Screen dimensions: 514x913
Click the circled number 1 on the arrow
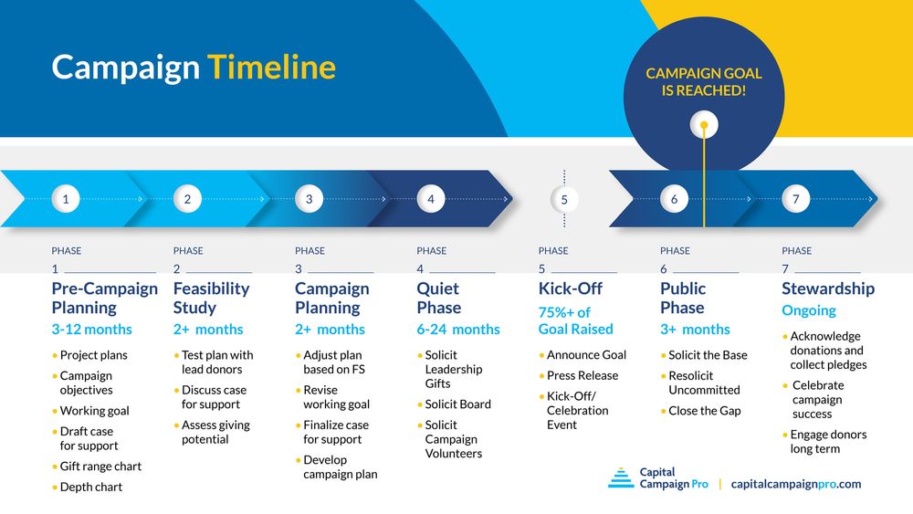(66, 198)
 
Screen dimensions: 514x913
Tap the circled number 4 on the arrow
(431, 198)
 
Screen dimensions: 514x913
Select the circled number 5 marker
(564, 199)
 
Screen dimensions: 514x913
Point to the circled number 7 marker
(796, 198)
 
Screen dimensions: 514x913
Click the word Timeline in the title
(271, 68)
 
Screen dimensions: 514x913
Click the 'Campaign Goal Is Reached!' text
(703, 82)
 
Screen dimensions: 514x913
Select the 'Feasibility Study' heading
(211, 298)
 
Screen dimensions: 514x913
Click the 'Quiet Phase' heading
(438, 298)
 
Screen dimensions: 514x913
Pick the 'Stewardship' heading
(827, 288)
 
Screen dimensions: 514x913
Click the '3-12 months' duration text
(91, 330)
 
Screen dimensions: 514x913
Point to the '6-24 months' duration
(458, 330)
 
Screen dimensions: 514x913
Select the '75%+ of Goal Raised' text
(576, 320)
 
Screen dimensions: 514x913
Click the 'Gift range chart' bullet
(100, 467)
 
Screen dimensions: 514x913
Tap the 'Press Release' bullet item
(582, 375)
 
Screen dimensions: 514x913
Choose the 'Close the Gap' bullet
(704, 411)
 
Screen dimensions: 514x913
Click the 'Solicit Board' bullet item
(457, 404)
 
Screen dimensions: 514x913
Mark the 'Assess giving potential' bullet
(215, 432)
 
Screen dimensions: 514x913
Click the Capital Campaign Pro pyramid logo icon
(621, 478)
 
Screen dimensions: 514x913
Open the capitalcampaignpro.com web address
(796, 484)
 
